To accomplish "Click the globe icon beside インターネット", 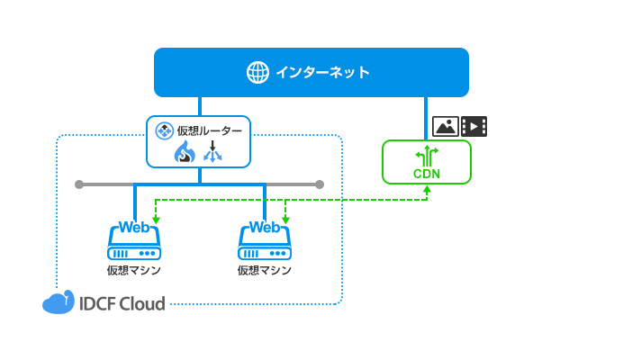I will [x=257, y=72].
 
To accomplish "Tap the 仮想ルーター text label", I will [x=209, y=131].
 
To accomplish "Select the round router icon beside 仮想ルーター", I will [x=164, y=131].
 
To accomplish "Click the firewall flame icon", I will [x=184, y=153].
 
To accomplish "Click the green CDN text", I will [x=426, y=174].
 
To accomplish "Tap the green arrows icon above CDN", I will [x=426, y=155].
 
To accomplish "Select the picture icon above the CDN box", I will [x=445, y=126].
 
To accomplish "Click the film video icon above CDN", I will [x=474, y=126].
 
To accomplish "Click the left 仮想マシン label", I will [x=134, y=269].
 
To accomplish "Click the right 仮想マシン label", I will [x=265, y=269].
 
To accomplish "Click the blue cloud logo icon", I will [x=58, y=303].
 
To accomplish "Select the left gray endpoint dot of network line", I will [x=79, y=184].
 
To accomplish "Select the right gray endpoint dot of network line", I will [x=320, y=184].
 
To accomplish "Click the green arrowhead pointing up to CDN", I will [x=426, y=188].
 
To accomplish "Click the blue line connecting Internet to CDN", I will [x=426, y=117].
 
